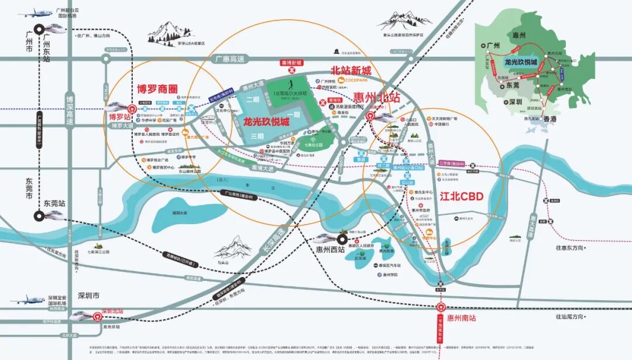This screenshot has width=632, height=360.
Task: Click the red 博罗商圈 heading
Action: pyautogui.click(x=157, y=90)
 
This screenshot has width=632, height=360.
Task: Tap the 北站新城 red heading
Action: pyautogui.click(x=352, y=70)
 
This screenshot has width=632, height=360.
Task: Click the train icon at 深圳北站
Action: pyautogui.click(x=81, y=316)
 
